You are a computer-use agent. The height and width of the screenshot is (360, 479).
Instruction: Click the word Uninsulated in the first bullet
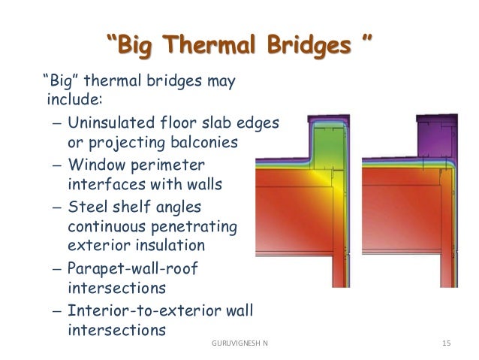pos(107,123)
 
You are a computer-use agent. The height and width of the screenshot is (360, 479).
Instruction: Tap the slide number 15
pos(447,343)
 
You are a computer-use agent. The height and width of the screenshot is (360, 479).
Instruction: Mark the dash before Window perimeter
pos(58,164)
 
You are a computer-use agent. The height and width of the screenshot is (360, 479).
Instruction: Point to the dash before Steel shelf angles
pos(58,206)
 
